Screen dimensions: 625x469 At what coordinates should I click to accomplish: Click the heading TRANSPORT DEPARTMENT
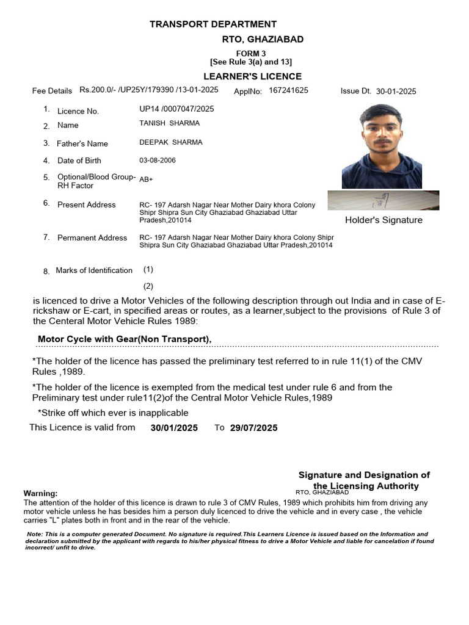[213, 24]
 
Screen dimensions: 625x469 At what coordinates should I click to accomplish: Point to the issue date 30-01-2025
[396, 91]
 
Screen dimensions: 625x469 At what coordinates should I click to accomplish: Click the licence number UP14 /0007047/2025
[177, 109]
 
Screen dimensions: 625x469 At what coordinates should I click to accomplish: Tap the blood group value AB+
[146, 180]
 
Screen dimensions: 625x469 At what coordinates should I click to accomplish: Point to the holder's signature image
[383, 200]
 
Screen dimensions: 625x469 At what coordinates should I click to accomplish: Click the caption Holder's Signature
[384, 220]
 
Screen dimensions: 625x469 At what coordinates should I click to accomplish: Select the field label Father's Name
[82, 143]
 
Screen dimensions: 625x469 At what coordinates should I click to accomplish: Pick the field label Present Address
[86, 204]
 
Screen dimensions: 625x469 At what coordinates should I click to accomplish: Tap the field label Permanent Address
[92, 237]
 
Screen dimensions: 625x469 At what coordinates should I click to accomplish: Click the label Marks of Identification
[93, 270]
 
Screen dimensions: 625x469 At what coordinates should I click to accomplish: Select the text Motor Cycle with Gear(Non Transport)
[125, 339]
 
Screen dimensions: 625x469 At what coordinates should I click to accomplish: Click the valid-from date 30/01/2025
[174, 428]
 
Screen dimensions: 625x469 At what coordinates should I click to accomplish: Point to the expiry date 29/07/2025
[253, 428]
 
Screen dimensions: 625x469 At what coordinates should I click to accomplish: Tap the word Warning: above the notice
[40, 493]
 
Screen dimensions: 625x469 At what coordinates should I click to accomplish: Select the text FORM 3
[250, 54]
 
